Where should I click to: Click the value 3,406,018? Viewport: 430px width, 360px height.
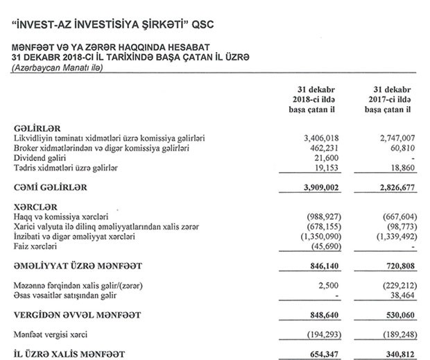[x=316, y=139]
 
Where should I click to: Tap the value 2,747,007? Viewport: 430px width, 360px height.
[x=395, y=139]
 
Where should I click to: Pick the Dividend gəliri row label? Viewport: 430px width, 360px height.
[x=42, y=159]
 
